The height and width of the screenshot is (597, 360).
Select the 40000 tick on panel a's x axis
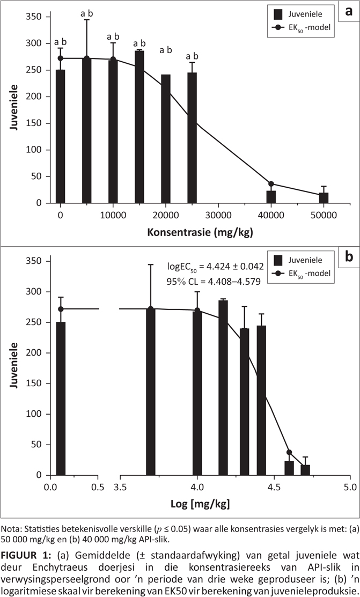click(271, 215)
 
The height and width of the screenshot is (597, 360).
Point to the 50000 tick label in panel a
click(324, 215)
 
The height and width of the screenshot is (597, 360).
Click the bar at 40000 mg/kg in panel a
click(271, 197)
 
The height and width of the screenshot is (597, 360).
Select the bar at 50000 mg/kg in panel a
click(324, 198)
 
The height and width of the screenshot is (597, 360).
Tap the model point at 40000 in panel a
click(271, 184)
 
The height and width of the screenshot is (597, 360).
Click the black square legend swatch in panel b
click(278, 261)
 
